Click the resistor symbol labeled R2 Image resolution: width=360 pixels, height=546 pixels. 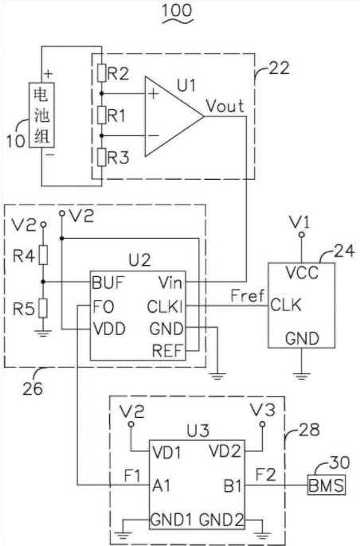[x=101, y=72]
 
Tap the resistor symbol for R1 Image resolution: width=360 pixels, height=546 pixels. [x=101, y=115]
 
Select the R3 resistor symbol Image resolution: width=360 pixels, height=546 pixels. [x=101, y=157]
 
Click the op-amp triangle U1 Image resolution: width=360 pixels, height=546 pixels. [x=174, y=116]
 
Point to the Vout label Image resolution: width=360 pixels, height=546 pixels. [x=225, y=106]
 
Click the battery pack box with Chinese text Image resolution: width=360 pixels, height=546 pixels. [x=41, y=115]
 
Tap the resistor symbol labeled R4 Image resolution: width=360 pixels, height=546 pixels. [x=43, y=255]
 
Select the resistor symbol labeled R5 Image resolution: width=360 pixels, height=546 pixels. [x=43, y=308]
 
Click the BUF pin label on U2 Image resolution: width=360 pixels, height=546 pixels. [x=108, y=283]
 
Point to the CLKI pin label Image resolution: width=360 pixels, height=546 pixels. [x=165, y=306]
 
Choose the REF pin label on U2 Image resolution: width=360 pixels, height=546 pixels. [x=167, y=351]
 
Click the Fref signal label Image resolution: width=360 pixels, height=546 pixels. [x=248, y=295]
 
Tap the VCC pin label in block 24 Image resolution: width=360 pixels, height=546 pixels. [x=302, y=272]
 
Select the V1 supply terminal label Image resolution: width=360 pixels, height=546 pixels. [x=299, y=222]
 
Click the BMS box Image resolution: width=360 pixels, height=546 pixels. [x=327, y=485]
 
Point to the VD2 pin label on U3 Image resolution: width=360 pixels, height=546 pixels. [x=225, y=451]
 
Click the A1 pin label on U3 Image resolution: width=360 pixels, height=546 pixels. [x=161, y=485]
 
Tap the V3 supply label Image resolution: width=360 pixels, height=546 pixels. [x=263, y=410]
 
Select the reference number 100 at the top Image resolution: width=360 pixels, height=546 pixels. [x=178, y=10]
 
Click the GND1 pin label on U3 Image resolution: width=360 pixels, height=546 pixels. [x=171, y=520]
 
